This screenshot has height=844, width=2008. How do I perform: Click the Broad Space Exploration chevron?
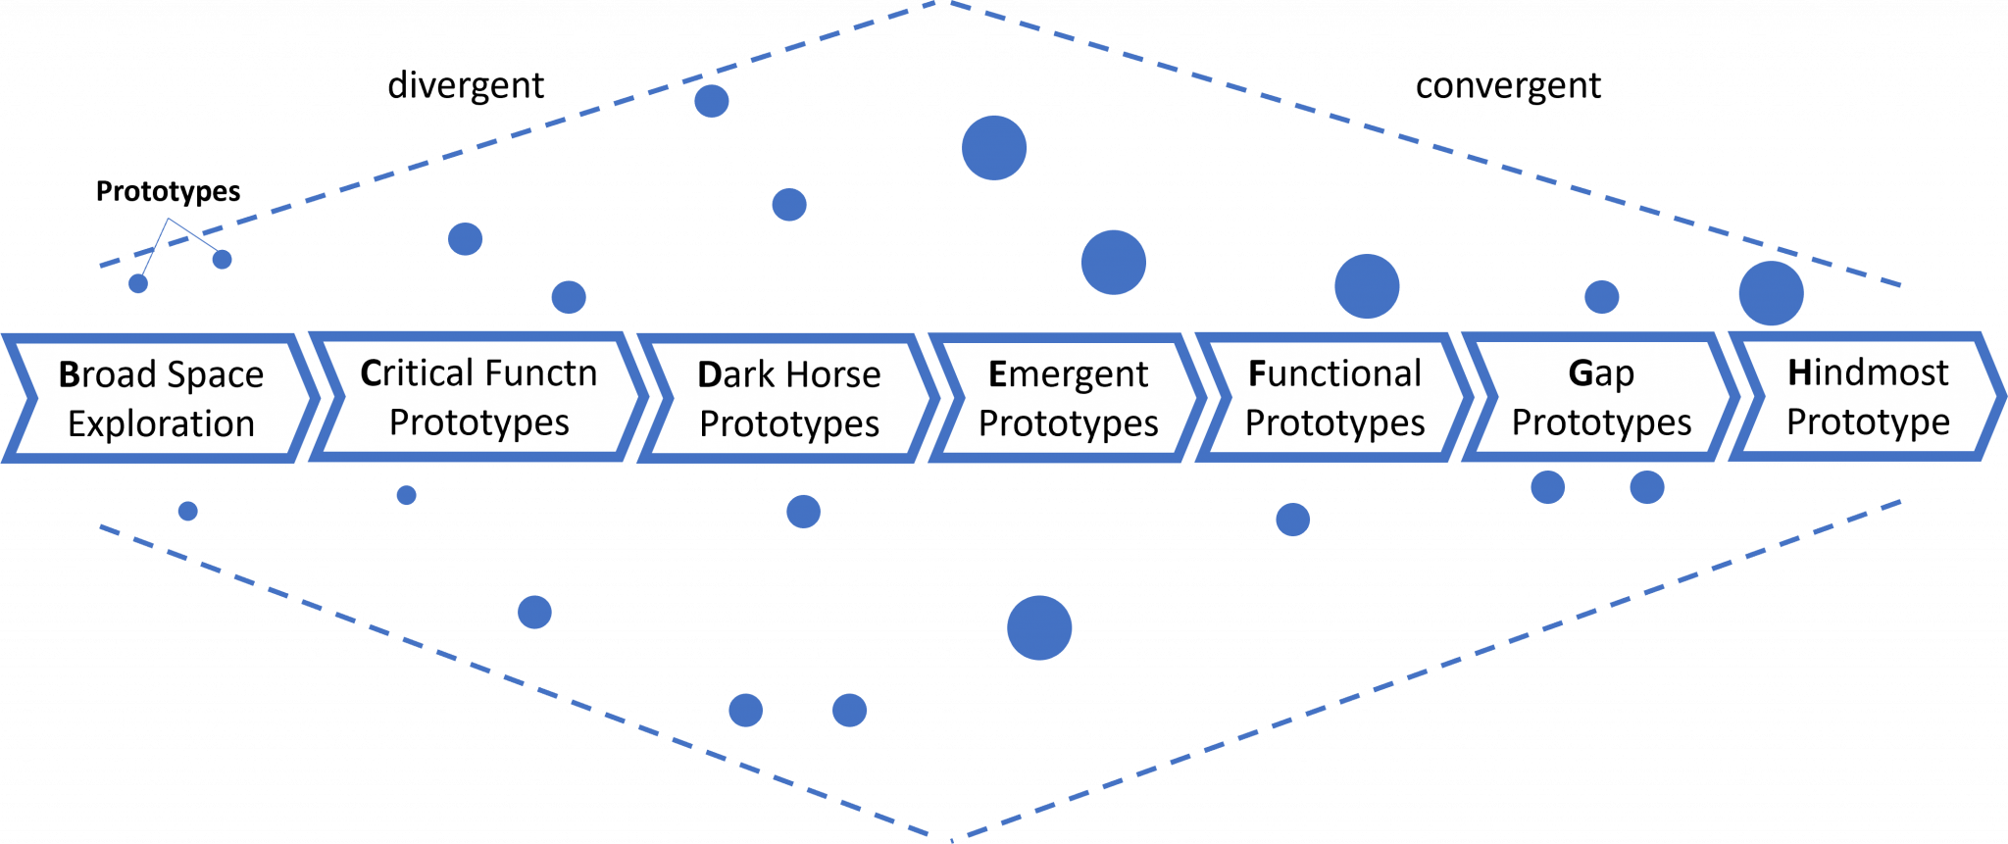pyautogui.click(x=162, y=398)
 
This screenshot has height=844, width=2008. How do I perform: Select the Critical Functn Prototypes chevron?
pyautogui.click(x=478, y=397)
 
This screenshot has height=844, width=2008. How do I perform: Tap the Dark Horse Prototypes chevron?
pyautogui.click(x=788, y=398)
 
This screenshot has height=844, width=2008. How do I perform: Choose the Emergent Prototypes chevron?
pyautogui.click(x=1068, y=398)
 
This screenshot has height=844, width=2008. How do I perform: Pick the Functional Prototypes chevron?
pyautogui.click(x=1334, y=397)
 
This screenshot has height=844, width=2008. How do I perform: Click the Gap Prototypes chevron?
pyautogui.click(x=1601, y=397)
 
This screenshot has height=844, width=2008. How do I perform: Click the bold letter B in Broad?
pyautogui.click(x=69, y=374)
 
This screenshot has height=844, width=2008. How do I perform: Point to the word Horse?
pyautogui.click(x=833, y=374)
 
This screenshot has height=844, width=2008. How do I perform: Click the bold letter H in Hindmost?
pyautogui.click(x=1799, y=372)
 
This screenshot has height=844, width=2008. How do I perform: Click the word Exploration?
pyautogui.click(x=162, y=423)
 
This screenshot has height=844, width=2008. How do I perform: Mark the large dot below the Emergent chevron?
pyautogui.click(x=1039, y=627)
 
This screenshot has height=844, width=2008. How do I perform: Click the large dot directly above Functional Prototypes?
pyautogui.click(x=1367, y=286)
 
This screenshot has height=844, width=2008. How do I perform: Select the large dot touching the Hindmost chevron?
pyautogui.click(x=1771, y=293)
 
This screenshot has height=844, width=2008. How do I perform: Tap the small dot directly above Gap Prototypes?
pyautogui.click(x=1601, y=296)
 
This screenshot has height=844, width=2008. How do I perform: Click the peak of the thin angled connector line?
pyautogui.click(x=169, y=219)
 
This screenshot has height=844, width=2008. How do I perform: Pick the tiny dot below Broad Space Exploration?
pyautogui.click(x=188, y=511)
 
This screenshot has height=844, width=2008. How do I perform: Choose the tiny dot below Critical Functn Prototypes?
pyautogui.click(x=406, y=495)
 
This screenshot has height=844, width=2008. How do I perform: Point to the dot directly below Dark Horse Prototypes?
pyautogui.click(x=803, y=511)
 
